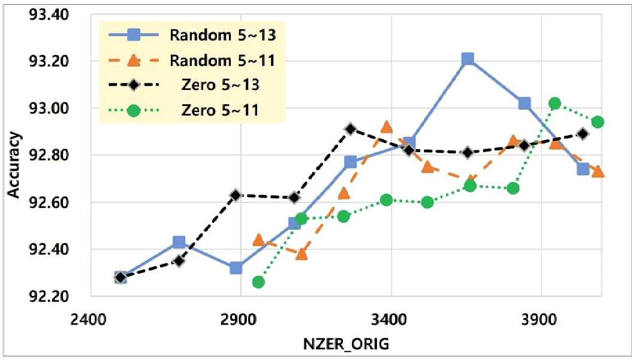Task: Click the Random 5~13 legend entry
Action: pos(192,35)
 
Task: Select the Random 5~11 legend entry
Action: pos(192,61)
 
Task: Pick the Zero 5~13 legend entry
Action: pos(184,85)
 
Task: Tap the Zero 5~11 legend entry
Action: pos(184,110)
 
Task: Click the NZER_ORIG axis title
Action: pos(346,344)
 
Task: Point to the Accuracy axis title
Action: pos(14,165)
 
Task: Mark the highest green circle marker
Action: pos(554,104)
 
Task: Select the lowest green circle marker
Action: pos(258,282)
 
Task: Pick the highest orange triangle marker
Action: pos(387,127)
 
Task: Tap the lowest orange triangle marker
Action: pos(302,254)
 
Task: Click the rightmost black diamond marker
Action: pos(583,134)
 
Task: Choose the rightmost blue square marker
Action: pos(583,169)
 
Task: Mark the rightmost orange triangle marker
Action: pos(598,172)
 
